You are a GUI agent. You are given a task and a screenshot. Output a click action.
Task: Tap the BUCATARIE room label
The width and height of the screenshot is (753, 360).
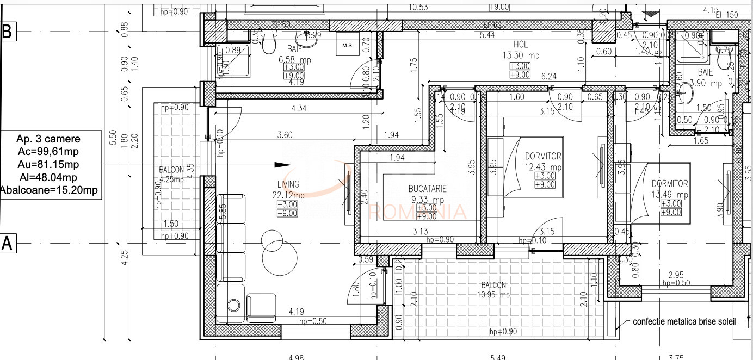(428, 189)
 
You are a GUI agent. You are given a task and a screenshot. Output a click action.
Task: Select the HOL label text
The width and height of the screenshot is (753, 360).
(520, 45)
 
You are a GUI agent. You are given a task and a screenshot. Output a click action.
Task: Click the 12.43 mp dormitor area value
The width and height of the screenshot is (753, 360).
(543, 167)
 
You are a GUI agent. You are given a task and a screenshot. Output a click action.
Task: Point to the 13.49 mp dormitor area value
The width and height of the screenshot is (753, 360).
(670, 195)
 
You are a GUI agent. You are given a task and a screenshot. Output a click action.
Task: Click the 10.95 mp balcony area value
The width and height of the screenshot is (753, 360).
(493, 295)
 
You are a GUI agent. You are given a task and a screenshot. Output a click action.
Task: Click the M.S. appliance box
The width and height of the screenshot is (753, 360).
(348, 46)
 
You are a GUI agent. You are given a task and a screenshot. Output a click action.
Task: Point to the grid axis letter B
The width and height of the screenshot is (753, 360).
(8, 32)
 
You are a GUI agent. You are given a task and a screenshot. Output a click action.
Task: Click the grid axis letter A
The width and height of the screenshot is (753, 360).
(8, 244)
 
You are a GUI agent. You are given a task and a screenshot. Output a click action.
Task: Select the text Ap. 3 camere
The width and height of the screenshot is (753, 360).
(48, 140)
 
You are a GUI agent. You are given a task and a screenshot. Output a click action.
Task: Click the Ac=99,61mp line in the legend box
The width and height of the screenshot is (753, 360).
(48, 152)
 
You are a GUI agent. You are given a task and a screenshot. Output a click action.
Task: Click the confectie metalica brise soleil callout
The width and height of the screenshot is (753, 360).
(684, 321)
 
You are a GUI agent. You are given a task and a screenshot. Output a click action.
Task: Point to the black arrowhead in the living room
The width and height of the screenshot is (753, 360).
(282, 165)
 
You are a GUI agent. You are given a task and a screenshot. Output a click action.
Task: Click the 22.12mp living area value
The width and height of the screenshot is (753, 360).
(288, 195)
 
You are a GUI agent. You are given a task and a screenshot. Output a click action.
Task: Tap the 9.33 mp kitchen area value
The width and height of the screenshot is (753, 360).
(428, 199)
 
